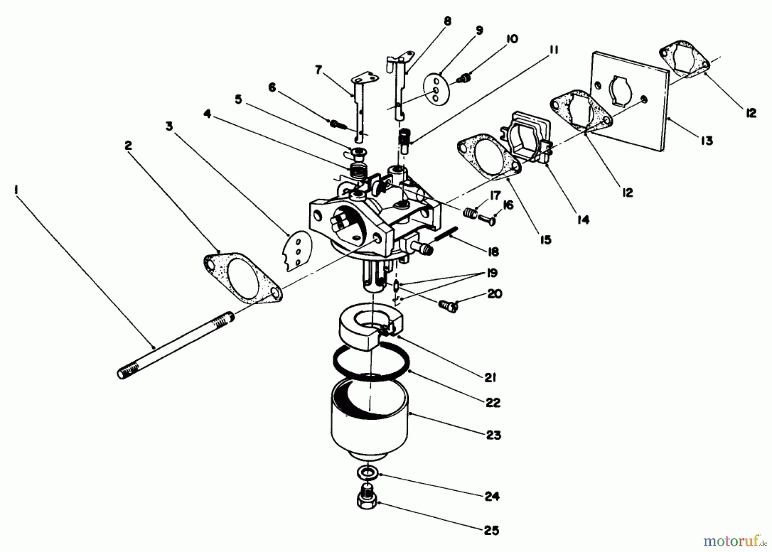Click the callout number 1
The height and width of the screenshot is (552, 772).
[x=16, y=189]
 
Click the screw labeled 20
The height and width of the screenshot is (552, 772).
[x=448, y=306]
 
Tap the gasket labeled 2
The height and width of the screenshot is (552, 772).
[x=243, y=278]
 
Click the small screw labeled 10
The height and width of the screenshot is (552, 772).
[x=464, y=78]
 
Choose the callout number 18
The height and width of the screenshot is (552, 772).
[x=494, y=252]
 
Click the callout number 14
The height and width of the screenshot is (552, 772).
[x=583, y=220]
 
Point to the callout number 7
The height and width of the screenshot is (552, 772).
[x=318, y=69]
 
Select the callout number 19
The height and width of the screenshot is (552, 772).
[x=492, y=273]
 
